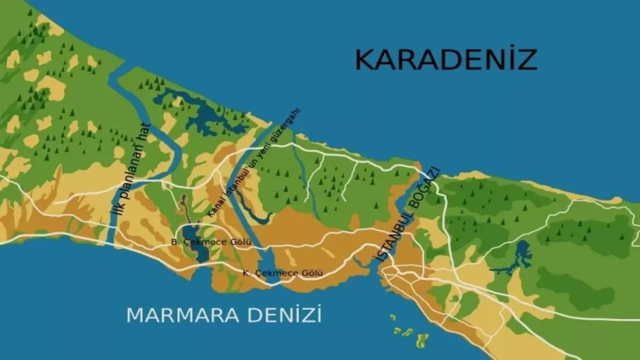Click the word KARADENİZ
[445, 60]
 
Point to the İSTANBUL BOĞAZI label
[409, 215]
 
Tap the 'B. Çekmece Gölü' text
[205, 241]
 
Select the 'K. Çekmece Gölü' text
[282, 272]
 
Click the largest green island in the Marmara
[421, 340]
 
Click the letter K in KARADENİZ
[365, 60]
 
